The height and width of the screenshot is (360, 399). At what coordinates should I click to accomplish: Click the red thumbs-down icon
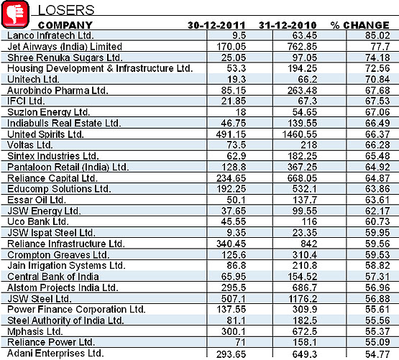15,14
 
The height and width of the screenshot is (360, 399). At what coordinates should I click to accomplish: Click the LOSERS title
66,10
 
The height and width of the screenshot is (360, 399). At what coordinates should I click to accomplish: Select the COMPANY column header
65,25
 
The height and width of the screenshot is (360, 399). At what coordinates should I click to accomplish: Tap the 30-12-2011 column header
216,25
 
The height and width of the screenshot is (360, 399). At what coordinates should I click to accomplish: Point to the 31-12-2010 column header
288,25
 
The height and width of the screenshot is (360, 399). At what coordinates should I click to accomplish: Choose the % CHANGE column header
359,25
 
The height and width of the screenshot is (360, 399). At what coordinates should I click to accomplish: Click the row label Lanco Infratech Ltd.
50,35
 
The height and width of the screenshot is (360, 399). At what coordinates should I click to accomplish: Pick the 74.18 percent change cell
377,57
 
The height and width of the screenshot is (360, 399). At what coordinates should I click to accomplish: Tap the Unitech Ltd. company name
33,79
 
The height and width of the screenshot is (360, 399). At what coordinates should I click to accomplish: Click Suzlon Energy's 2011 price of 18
240,112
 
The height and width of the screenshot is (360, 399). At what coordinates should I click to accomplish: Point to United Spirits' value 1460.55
300,134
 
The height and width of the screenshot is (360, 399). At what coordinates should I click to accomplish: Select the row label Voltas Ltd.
30,145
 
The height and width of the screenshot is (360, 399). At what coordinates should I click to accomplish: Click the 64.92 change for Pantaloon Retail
377,167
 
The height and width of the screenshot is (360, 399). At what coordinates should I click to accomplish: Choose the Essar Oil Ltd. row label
37,200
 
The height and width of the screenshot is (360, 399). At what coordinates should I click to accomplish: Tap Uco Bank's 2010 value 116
309,221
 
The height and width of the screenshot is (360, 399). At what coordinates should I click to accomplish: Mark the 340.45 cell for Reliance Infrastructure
231,244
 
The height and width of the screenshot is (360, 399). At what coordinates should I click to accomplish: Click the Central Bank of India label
53,277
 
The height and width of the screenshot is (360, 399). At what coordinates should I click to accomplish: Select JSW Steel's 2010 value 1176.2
303,298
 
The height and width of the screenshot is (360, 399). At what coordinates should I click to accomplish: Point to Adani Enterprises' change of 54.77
377,354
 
